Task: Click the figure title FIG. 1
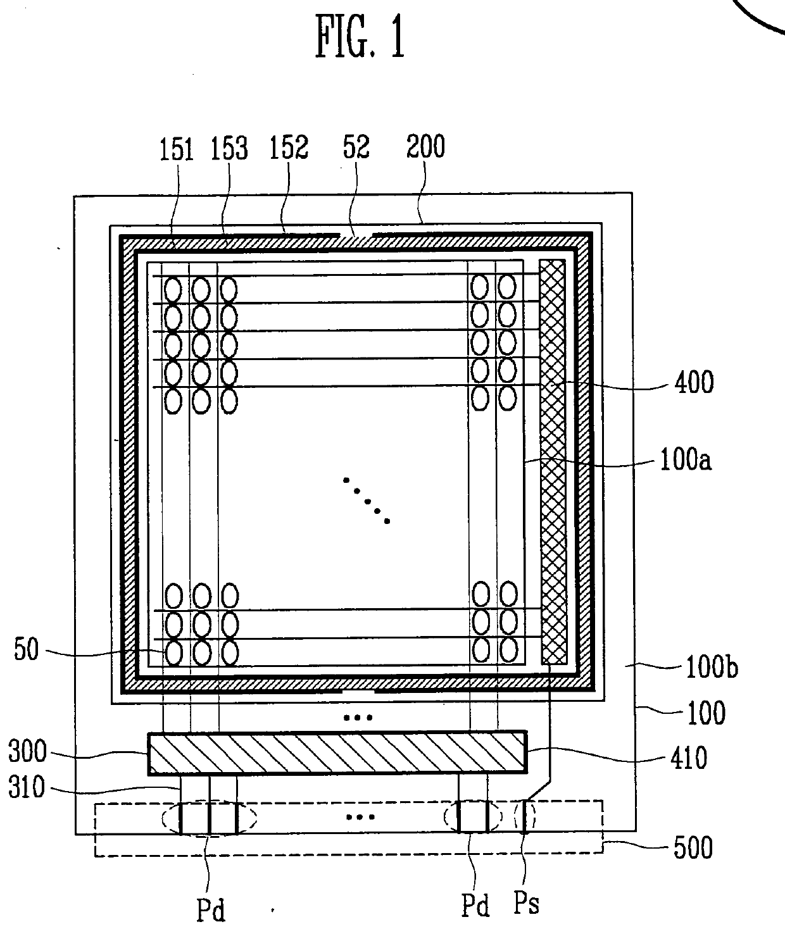point(360,39)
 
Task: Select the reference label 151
point(176,149)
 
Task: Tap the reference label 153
point(229,149)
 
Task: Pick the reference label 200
point(425,146)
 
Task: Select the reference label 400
point(694,383)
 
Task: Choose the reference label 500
point(694,848)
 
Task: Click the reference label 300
point(27,752)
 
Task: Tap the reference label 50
point(26,651)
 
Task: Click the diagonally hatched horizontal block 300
point(337,753)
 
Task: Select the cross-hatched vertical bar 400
point(553,462)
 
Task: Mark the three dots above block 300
point(357,718)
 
